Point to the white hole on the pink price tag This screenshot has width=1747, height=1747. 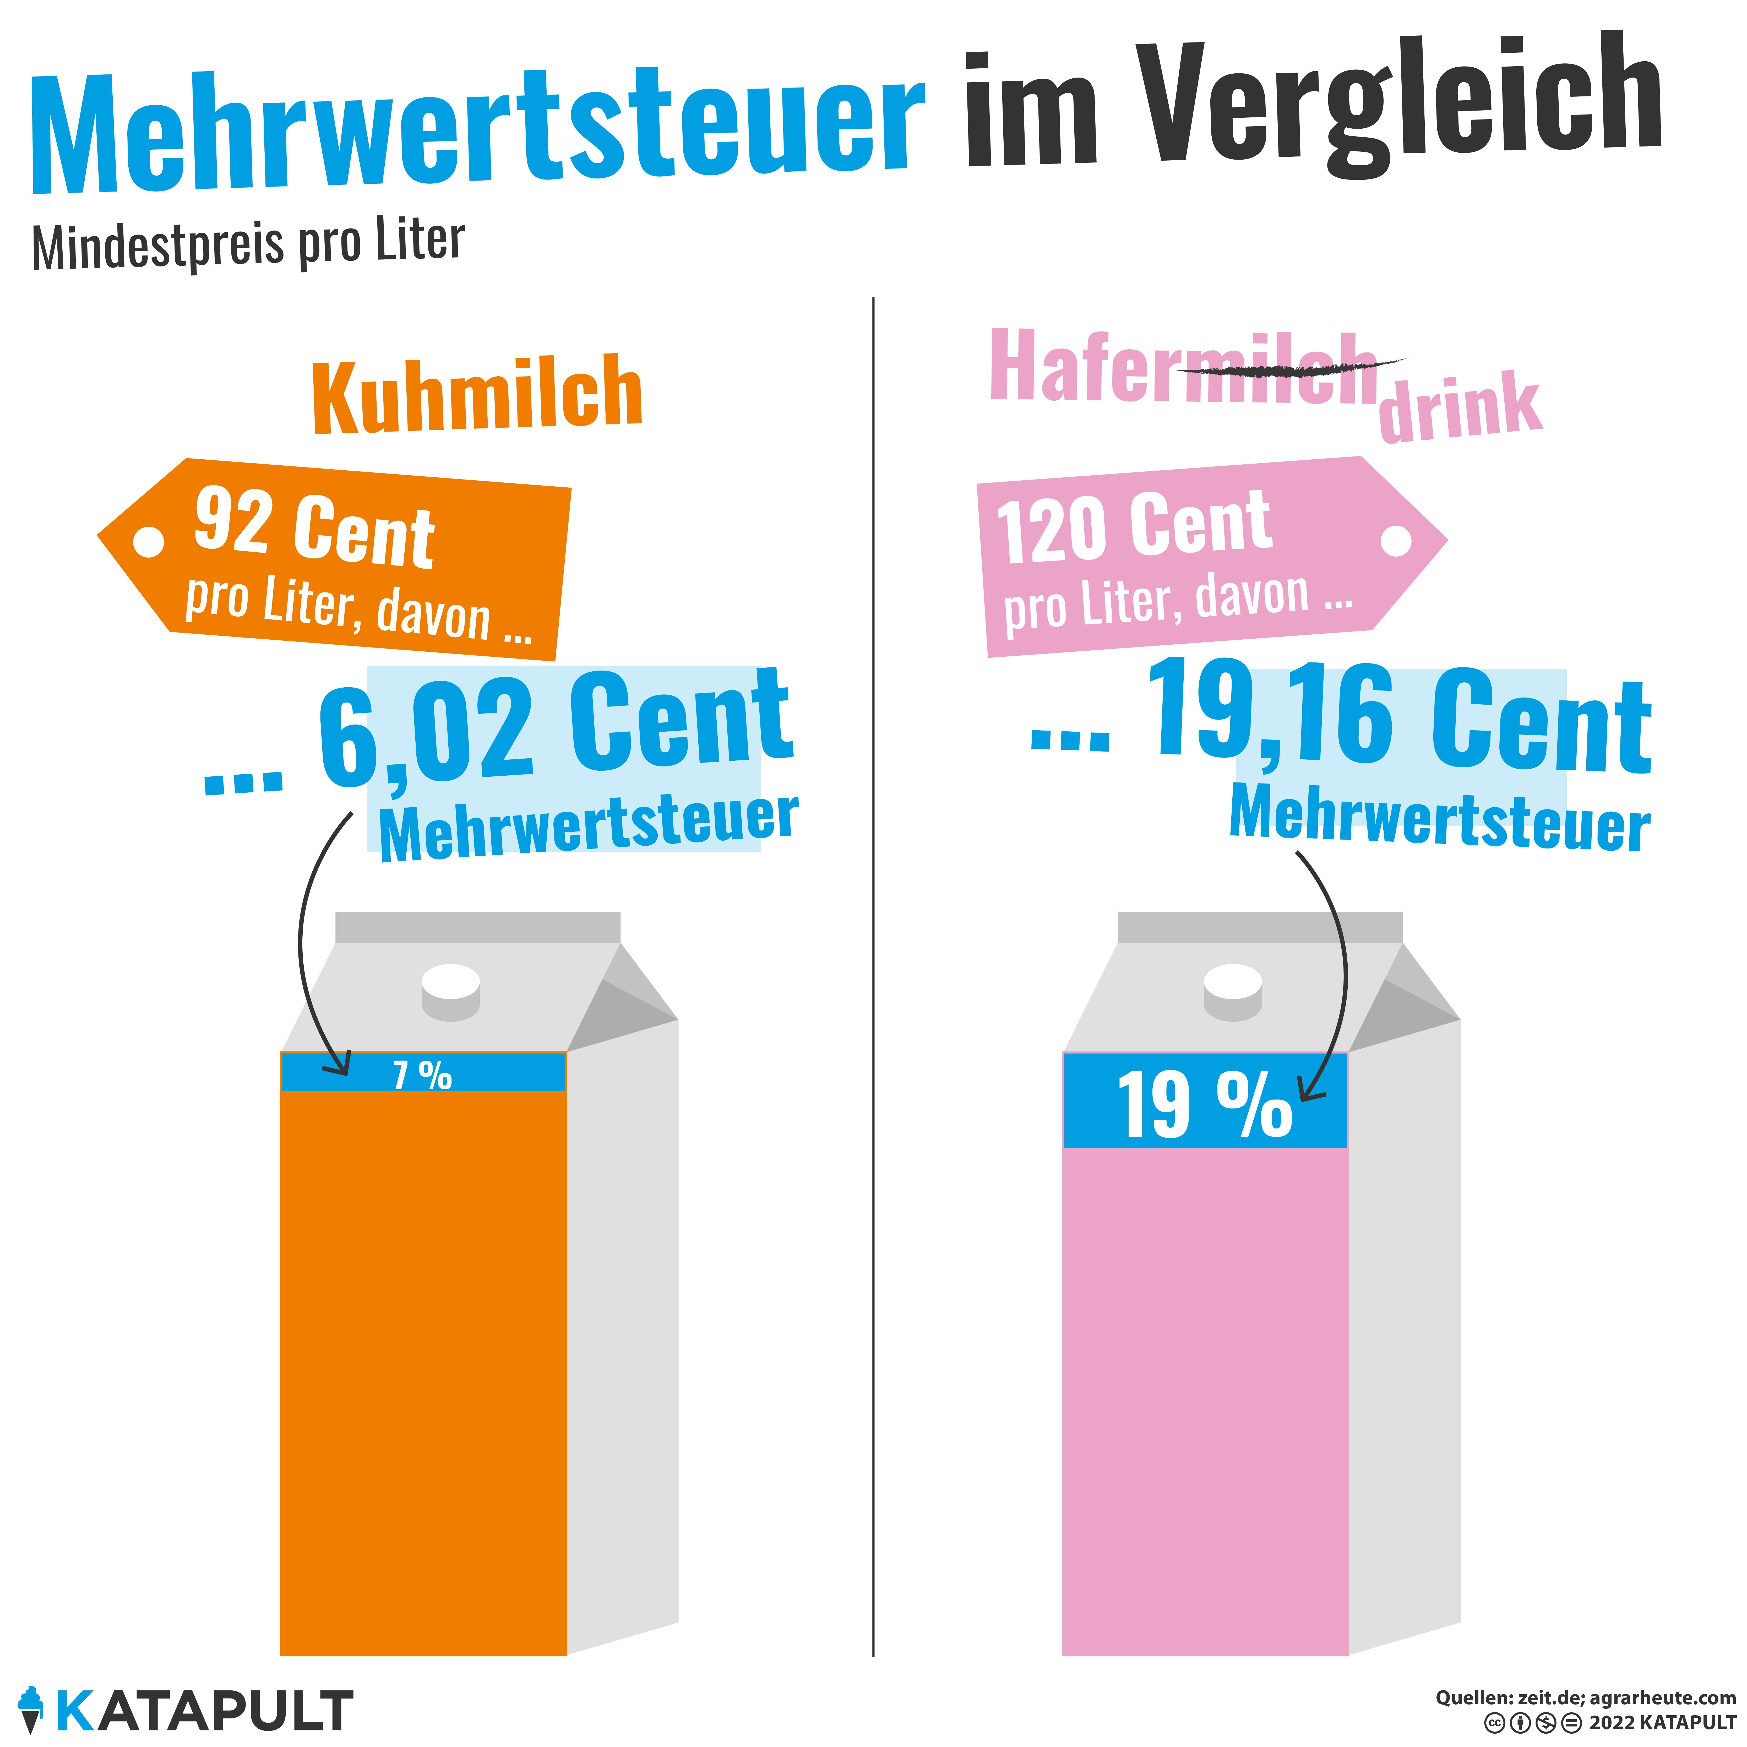(1396, 541)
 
